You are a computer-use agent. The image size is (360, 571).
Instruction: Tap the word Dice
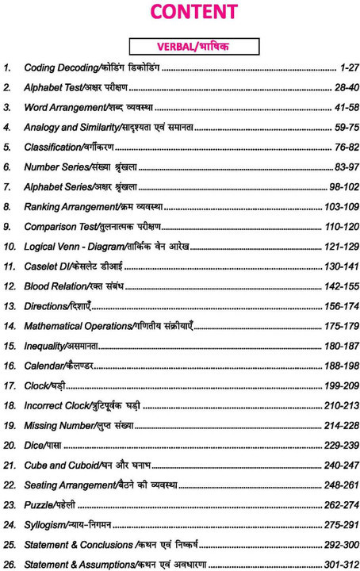click(35, 445)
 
